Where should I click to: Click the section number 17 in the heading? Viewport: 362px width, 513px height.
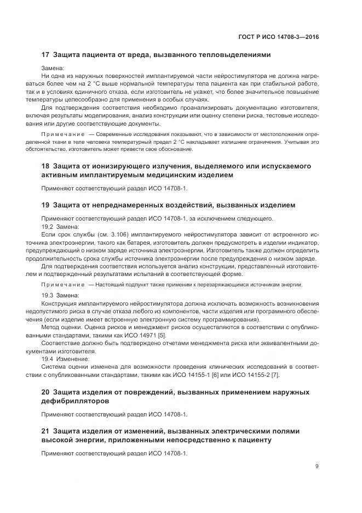tap(45, 55)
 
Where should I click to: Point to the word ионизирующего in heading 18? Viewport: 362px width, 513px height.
tap(102, 166)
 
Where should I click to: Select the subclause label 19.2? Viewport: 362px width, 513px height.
tap(48, 226)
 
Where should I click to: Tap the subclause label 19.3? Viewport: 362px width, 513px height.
tap(48, 295)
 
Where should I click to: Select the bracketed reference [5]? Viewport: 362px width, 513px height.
tap(177, 335)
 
